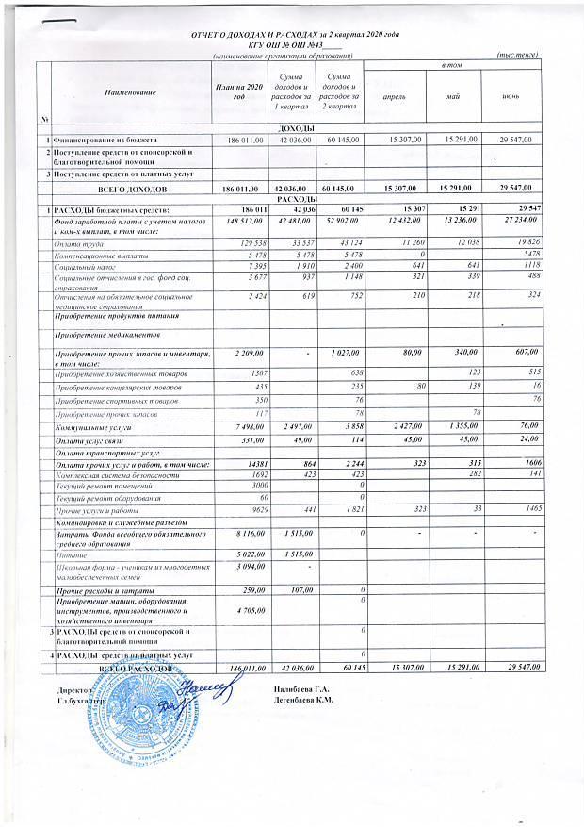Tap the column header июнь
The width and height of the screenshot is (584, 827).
510,96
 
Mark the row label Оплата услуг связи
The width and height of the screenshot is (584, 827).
88,443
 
